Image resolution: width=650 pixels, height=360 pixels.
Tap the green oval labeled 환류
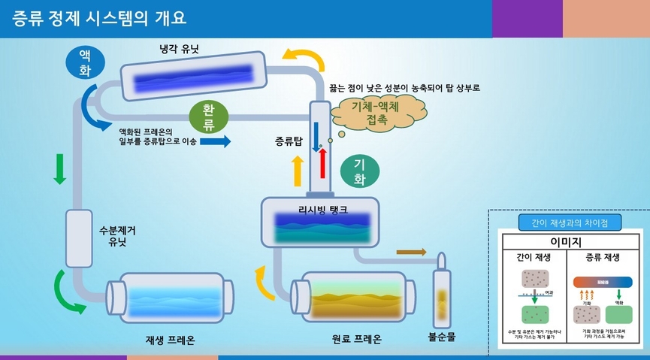207,116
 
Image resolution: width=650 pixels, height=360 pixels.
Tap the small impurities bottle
442,289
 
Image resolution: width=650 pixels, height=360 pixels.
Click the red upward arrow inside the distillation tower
323,161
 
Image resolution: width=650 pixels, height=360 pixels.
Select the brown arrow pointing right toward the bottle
410,252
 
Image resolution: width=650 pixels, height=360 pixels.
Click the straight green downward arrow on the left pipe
59,168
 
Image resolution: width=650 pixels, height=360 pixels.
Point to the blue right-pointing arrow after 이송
216,141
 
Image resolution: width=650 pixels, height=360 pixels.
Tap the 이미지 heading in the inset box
570,241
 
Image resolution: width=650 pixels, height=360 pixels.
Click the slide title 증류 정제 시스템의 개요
99,17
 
